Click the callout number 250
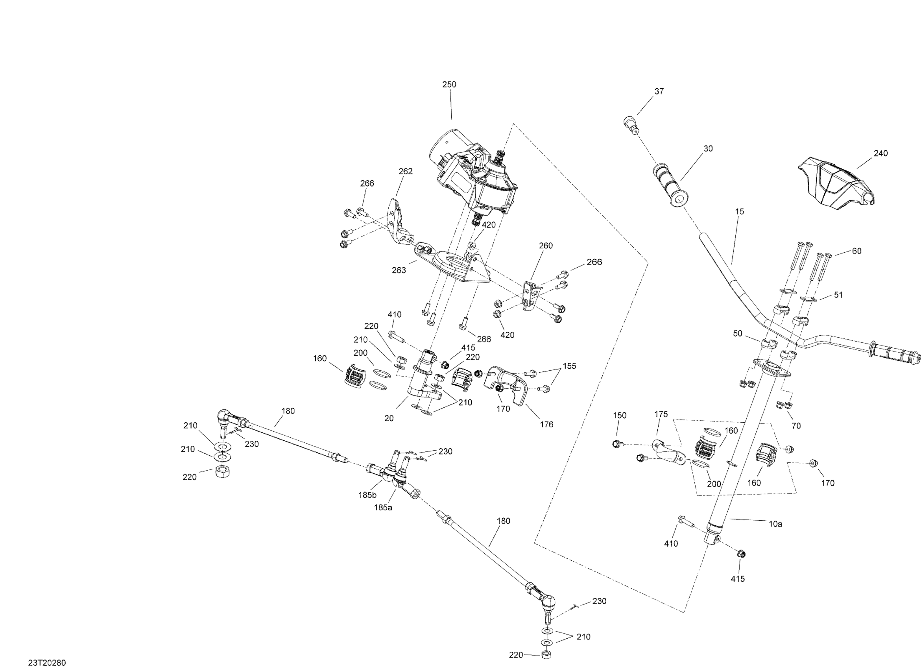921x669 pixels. click(x=449, y=85)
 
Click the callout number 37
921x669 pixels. click(x=659, y=91)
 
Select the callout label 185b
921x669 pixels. click(x=367, y=495)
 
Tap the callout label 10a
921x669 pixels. click(x=775, y=524)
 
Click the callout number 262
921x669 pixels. click(x=405, y=172)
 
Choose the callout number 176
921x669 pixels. click(x=546, y=425)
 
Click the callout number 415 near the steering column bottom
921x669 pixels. click(x=737, y=578)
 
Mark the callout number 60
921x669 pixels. click(x=856, y=251)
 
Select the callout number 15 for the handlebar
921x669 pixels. click(x=740, y=211)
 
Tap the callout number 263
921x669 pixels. click(x=399, y=270)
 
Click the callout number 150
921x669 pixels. click(x=620, y=415)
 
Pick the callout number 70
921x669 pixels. click(x=796, y=426)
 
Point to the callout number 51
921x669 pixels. click(x=838, y=295)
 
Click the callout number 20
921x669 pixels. click(x=389, y=418)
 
